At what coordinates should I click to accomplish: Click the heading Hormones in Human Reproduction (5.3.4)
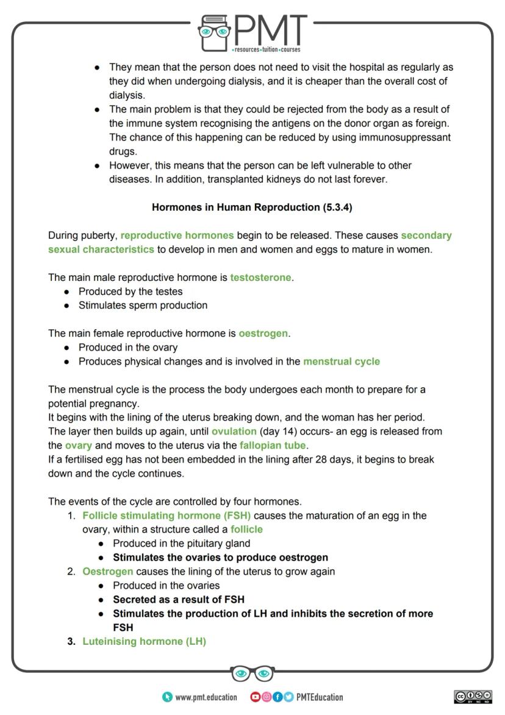point(252,207)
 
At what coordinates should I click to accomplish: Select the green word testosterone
point(260,277)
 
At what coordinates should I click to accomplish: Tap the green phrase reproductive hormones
point(177,235)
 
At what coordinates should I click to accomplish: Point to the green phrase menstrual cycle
point(341,361)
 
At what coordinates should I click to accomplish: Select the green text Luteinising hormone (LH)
point(144,641)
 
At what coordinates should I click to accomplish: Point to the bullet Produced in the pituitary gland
point(181,543)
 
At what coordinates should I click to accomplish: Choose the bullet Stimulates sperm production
point(143,305)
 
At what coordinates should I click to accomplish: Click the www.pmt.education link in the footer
point(206,697)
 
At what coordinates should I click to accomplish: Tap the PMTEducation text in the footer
point(320,697)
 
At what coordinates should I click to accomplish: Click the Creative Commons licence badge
point(473,697)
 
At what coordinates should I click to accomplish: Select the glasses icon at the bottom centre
point(252,673)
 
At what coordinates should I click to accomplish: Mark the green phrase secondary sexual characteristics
point(101,249)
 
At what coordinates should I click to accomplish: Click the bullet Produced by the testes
point(130,291)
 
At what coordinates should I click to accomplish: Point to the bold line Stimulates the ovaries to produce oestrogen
point(220,557)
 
